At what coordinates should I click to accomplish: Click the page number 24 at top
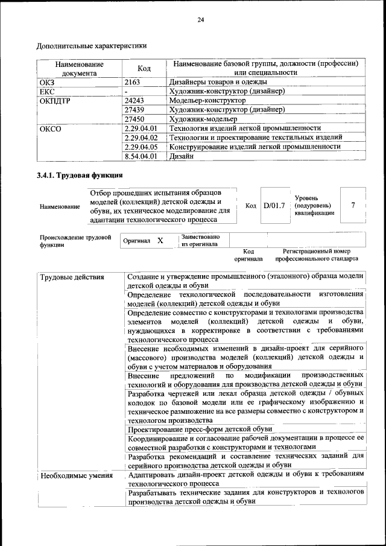pyautogui.click(x=201, y=20)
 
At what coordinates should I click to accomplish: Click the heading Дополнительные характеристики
pyautogui.click(x=92, y=45)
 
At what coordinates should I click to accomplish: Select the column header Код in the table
pyautogui.click(x=144, y=68)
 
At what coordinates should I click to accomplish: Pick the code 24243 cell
pyautogui.click(x=134, y=100)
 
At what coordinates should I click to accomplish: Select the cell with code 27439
pyautogui.click(x=134, y=110)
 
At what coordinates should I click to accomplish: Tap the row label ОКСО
pyautogui.click(x=51, y=129)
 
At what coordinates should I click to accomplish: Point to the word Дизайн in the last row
pyautogui.click(x=182, y=156)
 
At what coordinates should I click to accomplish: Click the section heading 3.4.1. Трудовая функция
pyautogui.click(x=80, y=176)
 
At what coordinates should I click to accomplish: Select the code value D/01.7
pyautogui.click(x=273, y=206)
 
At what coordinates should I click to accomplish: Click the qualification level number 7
pyautogui.click(x=353, y=205)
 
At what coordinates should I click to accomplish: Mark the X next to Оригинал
pyautogui.click(x=160, y=240)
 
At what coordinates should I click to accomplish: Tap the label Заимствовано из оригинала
pyautogui.click(x=200, y=240)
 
